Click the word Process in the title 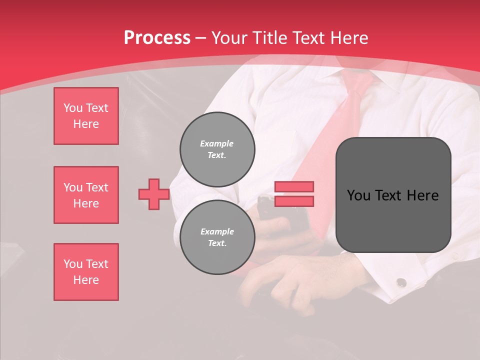pyautogui.click(x=157, y=38)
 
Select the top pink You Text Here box pyautogui.click(x=86, y=116)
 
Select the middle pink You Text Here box pyautogui.click(x=86, y=195)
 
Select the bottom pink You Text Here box pyautogui.click(x=86, y=272)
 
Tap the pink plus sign pyautogui.click(x=154, y=194)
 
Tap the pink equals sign pyautogui.click(x=294, y=194)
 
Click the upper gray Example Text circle pyautogui.click(x=217, y=149)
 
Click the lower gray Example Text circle pyautogui.click(x=217, y=237)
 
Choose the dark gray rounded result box pyautogui.click(x=393, y=195)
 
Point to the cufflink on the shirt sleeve pyautogui.click(x=401, y=283)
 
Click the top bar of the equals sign pyautogui.click(x=294, y=186)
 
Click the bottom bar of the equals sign pyautogui.click(x=294, y=201)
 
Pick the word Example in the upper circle pyautogui.click(x=217, y=143)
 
